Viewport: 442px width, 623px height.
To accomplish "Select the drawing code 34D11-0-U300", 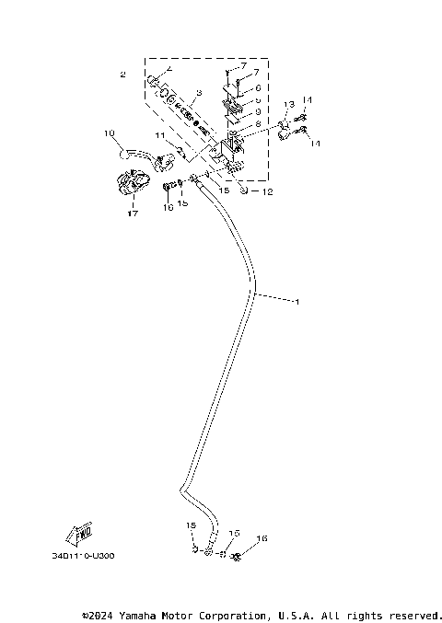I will [89, 556].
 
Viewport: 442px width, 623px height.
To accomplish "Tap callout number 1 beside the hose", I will [296, 301].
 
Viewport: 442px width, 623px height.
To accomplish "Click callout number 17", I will [133, 213].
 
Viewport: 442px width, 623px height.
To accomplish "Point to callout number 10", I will [109, 133].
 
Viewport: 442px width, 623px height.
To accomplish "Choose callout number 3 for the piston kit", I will [198, 94].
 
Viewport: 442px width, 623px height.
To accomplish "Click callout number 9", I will [259, 110].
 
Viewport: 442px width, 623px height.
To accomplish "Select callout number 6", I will [259, 88].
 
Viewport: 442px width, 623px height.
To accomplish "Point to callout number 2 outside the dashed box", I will [122, 74].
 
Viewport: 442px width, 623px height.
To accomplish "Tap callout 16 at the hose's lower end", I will [262, 538].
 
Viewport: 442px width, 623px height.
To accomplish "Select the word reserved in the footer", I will [413, 615].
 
